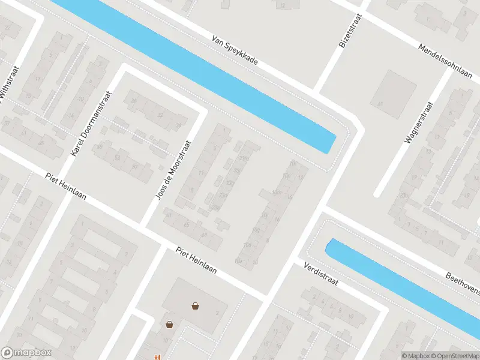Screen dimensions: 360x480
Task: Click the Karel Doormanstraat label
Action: click(x=91, y=124)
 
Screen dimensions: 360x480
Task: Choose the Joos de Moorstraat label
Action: click(x=173, y=170)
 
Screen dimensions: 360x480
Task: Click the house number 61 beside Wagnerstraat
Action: click(x=380, y=104)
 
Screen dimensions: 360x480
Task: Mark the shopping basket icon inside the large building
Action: click(x=195, y=306)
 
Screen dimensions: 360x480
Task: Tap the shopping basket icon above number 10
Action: click(x=170, y=325)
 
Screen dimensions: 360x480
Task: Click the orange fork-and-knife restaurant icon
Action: click(x=158, y=357)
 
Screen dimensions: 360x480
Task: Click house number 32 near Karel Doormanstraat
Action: click(x=160, y=115)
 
